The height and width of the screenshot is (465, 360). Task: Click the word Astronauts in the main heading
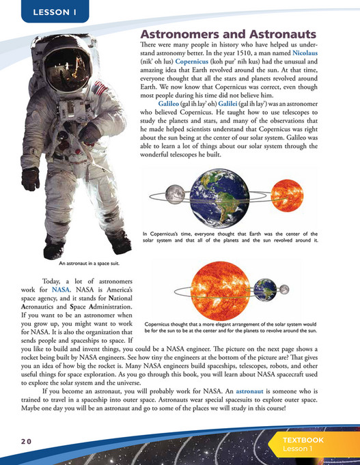(278, 34)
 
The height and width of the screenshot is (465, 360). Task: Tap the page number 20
(25, 442)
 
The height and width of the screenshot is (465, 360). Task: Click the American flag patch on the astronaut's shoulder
(100, 88)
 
